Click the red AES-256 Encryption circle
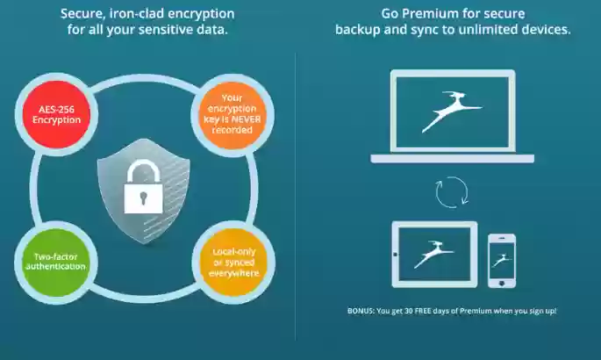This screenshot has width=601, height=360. coord(56,114)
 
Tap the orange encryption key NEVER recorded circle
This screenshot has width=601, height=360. coord(232,115)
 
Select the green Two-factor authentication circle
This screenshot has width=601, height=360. coord(56,263)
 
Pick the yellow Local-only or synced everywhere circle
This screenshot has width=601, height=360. coord(233,263)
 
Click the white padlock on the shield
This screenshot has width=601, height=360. coord(143,187)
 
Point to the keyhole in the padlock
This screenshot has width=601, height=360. coord(143,198)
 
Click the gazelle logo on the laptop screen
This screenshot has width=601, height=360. coord(451,111)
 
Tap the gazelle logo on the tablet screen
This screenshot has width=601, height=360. coord(434,254)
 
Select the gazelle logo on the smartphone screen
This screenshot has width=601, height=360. coord(502,260)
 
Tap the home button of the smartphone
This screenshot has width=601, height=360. coord(502,284)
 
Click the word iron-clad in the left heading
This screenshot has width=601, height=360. coord(137,14)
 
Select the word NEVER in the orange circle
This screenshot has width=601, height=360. coord(246,119)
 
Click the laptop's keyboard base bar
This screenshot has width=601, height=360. coord(452,159)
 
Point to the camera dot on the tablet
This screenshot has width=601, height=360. coord(396,254)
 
